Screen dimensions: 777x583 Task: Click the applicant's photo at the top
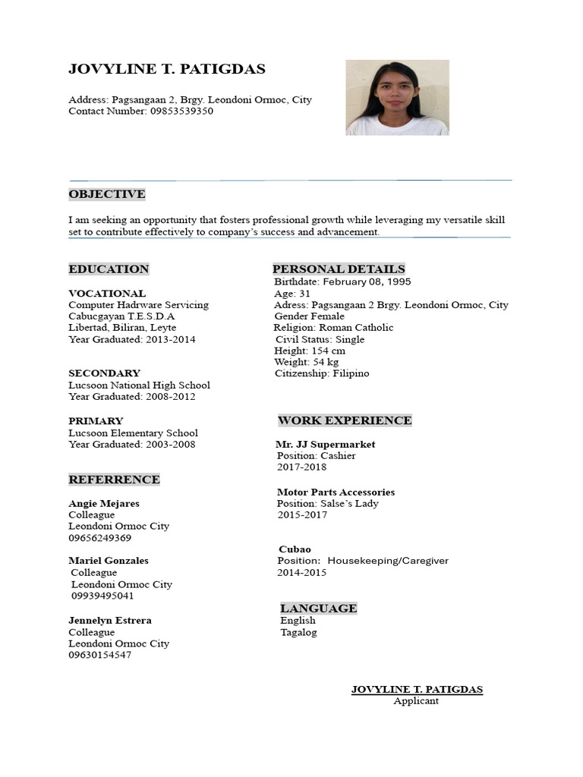click(397, 98)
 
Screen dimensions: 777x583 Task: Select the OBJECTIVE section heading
click(106, 194)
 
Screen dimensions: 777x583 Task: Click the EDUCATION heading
click(109, 269)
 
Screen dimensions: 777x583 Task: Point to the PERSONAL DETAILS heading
click(339, 269)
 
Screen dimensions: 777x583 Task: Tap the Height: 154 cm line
click(310, 351)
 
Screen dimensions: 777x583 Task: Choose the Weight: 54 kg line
click(307, 362)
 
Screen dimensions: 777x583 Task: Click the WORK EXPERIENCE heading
click(345, 420)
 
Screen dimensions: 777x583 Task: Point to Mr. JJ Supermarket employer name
click(326, 445)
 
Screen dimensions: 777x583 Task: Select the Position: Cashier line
click(316, 456)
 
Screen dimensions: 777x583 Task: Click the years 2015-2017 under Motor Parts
click(302, 514)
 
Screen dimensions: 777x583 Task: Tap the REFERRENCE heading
click(114, 480)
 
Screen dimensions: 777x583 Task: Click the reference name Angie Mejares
click(104, 503)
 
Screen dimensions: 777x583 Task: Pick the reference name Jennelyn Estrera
click(110, 620)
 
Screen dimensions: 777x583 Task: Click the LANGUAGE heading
click(318, 609)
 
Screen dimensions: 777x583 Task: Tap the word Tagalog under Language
click(298, 632)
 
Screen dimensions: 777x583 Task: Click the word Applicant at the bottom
click(416, 701)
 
